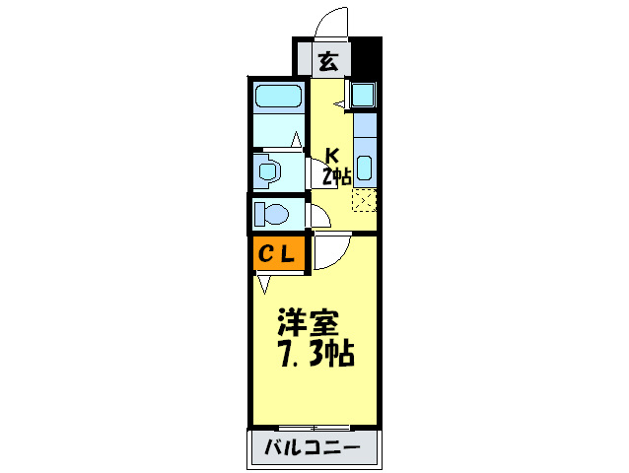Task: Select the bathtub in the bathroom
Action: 278,98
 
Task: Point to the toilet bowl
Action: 269,213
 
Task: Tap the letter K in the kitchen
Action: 333,156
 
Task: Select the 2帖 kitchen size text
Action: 336,176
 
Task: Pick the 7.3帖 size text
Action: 315,352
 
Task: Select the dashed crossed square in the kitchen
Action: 364,200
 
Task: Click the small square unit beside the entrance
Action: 363,97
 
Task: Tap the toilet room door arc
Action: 319,217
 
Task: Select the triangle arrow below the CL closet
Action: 263,285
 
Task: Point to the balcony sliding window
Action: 312,428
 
